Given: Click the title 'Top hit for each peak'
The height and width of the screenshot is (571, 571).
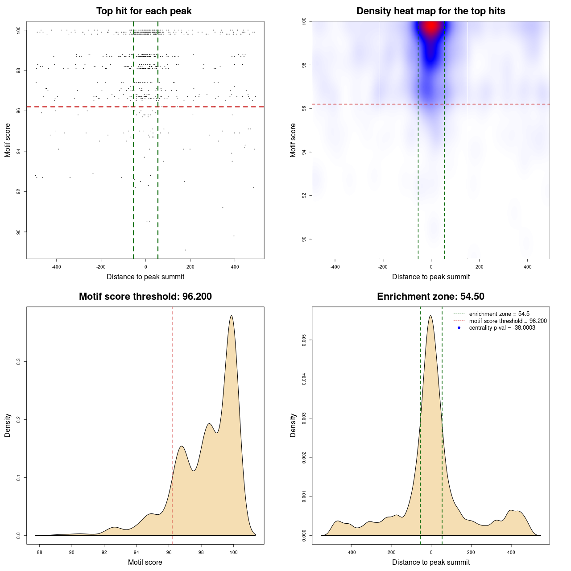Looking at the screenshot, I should tap(144, 11).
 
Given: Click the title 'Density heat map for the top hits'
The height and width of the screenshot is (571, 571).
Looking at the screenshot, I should tap(430, 11).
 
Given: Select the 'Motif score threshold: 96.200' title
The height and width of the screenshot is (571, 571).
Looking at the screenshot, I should tap(145, 297).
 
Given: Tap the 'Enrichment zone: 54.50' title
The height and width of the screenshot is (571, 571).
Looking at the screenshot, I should tap(430, 297).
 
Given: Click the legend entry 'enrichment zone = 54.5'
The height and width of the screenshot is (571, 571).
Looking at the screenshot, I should tap(499, 314).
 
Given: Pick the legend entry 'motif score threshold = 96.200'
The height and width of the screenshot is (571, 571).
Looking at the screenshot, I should tap(508, 321).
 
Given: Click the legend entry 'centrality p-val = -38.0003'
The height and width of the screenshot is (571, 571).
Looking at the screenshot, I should tap(502, 328).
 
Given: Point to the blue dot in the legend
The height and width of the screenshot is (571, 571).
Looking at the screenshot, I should tap(459, 328).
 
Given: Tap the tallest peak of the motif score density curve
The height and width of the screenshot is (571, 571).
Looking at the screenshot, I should tap(231, 316).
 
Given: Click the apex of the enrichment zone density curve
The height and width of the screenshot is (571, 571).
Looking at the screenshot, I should tap(430, 316).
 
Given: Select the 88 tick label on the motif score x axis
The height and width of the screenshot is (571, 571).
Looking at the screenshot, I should tap(39, 553).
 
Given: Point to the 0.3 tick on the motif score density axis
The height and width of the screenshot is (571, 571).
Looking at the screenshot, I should tap(18, 362).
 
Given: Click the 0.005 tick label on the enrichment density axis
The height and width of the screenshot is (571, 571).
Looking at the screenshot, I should tap(304, 341).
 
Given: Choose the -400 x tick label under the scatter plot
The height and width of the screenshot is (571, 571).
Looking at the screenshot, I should tap(56, 267).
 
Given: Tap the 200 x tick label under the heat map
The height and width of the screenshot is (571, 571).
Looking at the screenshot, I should tap(479, 267).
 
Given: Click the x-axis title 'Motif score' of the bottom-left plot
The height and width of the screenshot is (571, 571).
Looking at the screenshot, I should tap(145, 562).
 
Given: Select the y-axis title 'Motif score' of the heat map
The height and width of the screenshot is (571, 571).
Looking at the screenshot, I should tap(293, 140).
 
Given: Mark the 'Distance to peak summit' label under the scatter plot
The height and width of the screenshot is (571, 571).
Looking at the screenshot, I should tap(145, 277).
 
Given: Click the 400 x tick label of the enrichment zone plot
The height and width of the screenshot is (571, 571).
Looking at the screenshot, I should tap(511, 553).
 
